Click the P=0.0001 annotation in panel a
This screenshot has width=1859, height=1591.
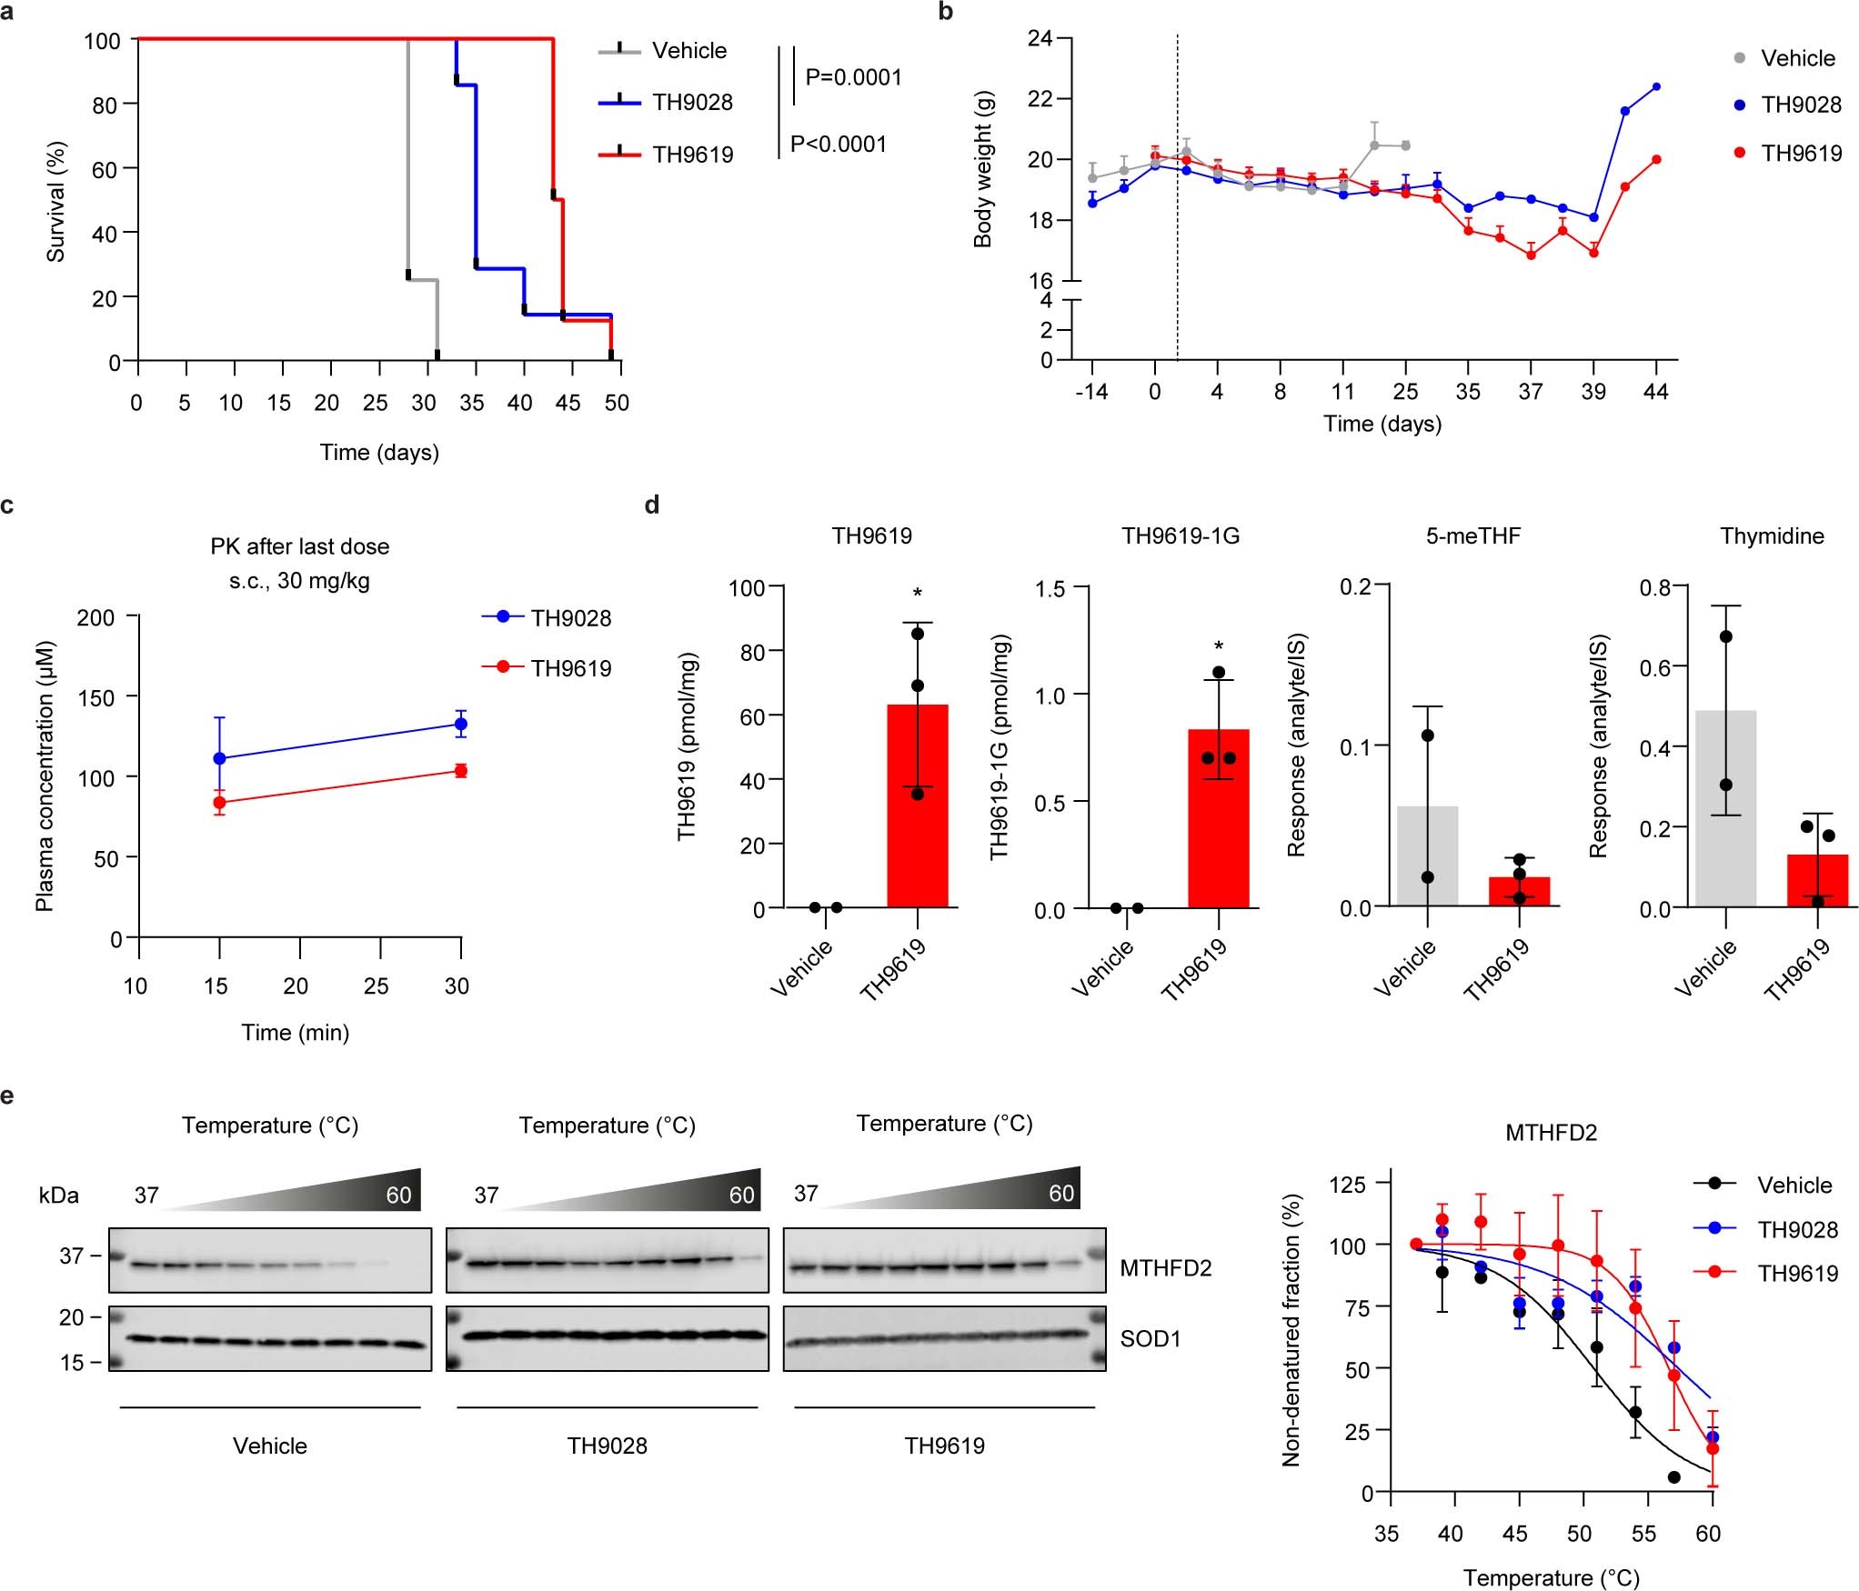point(853,77)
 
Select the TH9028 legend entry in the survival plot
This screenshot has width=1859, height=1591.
point(692,103)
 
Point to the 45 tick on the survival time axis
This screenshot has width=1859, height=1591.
point(568,403)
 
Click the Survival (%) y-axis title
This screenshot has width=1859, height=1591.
point(56,202)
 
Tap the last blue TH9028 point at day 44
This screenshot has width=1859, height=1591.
point(1656,87)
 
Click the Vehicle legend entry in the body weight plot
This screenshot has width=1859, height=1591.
point(1797,58)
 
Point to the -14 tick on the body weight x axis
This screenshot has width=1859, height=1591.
point(1091,392)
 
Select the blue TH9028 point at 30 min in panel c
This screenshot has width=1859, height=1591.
point(461,725)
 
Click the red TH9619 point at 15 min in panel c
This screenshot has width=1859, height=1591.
point(219,803)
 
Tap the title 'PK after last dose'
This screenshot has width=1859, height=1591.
point(299,546)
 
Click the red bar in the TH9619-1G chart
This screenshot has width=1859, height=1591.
point(1218,818)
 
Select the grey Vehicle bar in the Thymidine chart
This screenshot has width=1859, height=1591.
point(1725,808)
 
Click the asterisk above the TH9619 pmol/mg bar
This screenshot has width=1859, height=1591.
point(918,593)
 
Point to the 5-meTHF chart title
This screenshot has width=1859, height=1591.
point(1472,535)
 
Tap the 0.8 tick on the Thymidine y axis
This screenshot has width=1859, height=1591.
point(1654,587)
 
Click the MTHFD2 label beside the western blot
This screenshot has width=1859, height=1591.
point(1165,1268)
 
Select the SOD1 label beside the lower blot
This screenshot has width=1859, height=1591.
point(1150,1339)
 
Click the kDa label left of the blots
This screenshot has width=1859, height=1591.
point(58,1196)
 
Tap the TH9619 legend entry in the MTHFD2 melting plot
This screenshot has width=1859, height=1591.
point(1797,1274)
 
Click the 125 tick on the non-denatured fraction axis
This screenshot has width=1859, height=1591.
point(1347,1185)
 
